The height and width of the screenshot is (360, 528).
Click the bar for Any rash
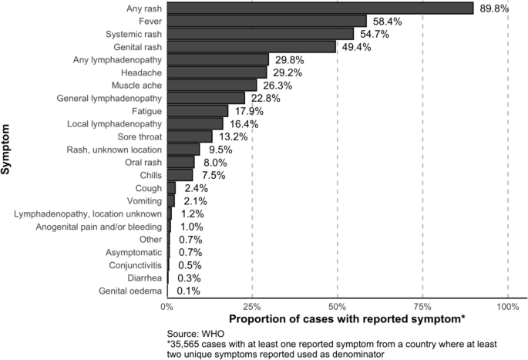pos(320,8)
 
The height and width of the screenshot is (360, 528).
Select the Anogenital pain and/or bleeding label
pos(99,227)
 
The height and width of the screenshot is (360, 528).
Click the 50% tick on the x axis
pos(337,306)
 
